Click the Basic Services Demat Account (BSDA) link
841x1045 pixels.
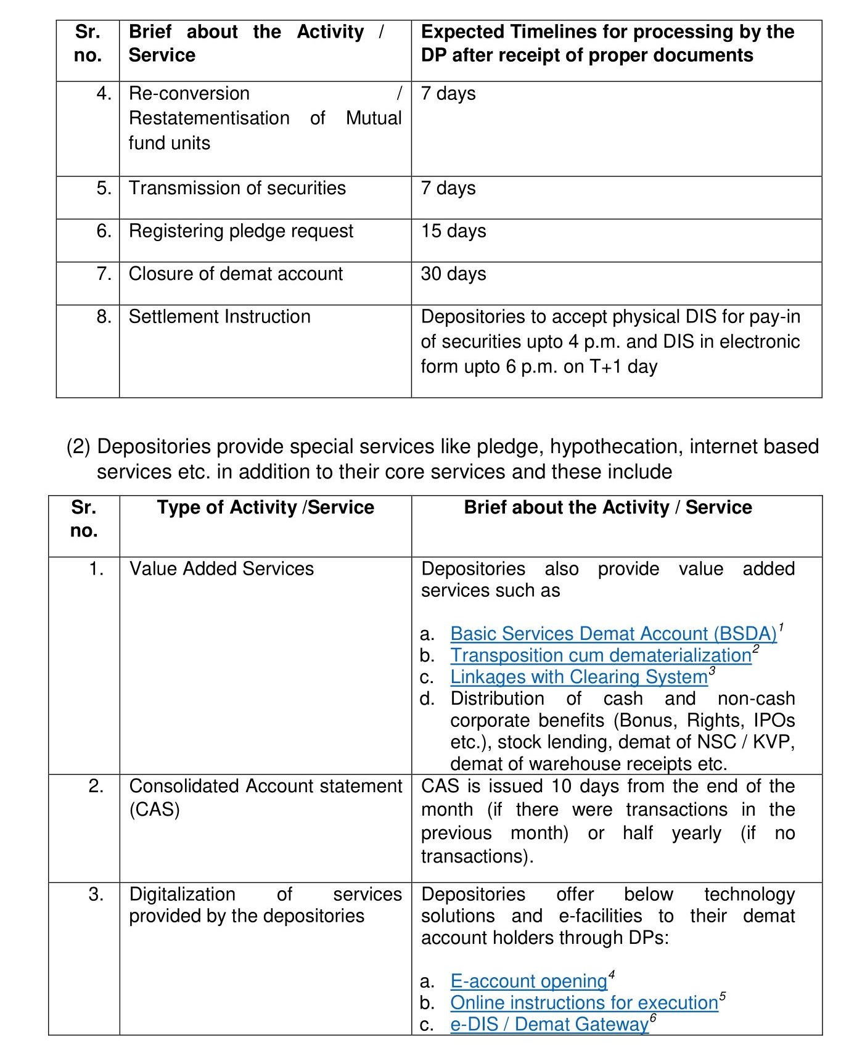pyautogui.click(x=613, y=634)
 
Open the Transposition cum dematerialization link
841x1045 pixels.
pyautogui.click(x=601, y=655)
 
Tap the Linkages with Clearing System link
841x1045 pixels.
pyautogui.click(x=578, y=677)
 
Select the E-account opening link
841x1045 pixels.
pyautogui.click(x=528, y=981)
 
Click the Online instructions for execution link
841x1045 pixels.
pyautogui.click(x=584, y=1002)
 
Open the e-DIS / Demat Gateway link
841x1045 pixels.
pyautogui.click(x=549, y=1024)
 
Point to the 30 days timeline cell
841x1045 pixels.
pyautogui.click(x=453, y=274)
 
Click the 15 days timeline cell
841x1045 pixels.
pyautogui.click(x=453, y=231)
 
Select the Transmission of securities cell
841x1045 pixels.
pyautogui.click(x=237, y=188)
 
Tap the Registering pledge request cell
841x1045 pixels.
pyautogui.click(x=241, y=231)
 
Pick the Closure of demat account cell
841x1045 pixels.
pyautogui.click(x=236, y=274)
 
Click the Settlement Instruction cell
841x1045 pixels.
pyautogui.click(x=219, y=317)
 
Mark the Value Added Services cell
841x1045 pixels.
pyautogui.click(x=221, y=568)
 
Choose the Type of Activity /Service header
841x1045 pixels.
pyautogui.click(x=265, y=507)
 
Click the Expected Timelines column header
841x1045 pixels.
pyautogui.click(x=607, y=43)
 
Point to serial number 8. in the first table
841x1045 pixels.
pyautogui.click(x=104, y=317)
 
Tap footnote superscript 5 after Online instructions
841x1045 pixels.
pyautogui.click(x=723, y=996)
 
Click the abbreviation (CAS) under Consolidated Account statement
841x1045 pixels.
pyautogui.click(x=154, y=809)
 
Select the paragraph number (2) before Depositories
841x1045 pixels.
pyautogui.click(x=78, y=446)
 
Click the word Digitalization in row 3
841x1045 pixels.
pyautogui.click(x=182, y=894)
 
